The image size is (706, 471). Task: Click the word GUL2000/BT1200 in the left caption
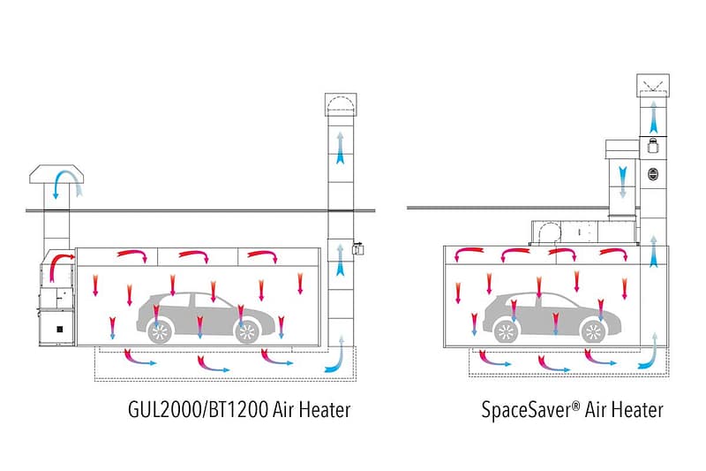[198, 410]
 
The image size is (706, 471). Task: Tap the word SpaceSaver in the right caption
[526, 411]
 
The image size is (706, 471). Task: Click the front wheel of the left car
[247, 332]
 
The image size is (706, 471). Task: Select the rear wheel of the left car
[160, 332]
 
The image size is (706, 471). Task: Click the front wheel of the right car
[592, 331]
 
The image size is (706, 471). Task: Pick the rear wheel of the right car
[506, 331]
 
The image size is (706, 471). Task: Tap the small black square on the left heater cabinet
[59, 330]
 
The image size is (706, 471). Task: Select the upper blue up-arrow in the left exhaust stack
[341, 148]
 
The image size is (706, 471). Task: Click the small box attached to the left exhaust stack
[358, 248]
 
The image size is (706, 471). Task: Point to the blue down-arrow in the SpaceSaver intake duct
[623, 182]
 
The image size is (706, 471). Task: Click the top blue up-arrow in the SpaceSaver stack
[653, 117]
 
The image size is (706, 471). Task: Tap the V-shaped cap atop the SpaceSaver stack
[653, 85]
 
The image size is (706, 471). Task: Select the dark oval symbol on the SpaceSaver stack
[653, 174]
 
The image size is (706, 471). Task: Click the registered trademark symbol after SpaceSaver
[576, 406]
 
